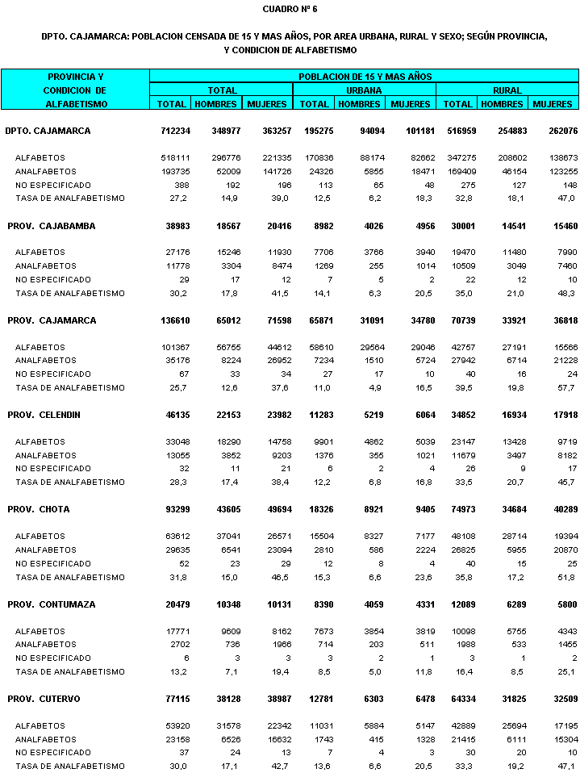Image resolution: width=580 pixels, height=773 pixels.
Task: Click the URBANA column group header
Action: point(365,90)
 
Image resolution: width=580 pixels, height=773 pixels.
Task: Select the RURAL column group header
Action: point(507,90)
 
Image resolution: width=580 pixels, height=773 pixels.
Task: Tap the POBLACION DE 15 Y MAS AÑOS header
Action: point(365,77)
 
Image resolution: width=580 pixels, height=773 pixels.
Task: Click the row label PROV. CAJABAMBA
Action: point(51,226)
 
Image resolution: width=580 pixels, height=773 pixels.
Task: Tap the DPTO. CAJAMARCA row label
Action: point(48,131)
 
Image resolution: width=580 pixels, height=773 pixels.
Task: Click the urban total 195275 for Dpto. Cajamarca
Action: point(314,131)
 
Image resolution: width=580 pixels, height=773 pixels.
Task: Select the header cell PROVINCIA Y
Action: point(75,77)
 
